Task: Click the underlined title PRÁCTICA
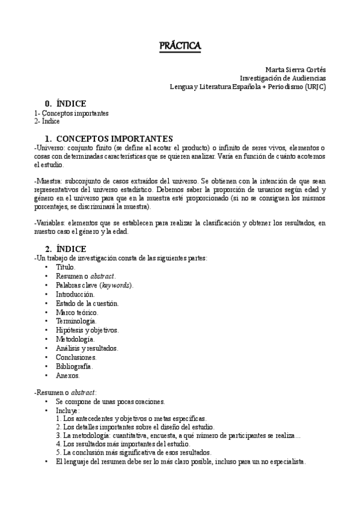(x=180, y=46)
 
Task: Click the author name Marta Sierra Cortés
(x=296, y=69)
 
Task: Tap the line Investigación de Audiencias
(x=282, y=78)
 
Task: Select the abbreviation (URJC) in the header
(x=316, y=86)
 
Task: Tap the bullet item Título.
(x=66, y=266)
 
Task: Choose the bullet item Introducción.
(x=75, y=294)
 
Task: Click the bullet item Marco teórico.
(x=77, y=312)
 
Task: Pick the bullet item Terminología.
(x=75, y=321)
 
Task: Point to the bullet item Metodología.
(x=75, y=339)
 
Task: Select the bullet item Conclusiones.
(x=76, y=357)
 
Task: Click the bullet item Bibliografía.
(x=74, y=366)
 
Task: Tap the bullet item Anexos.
(x=68, y=375)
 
